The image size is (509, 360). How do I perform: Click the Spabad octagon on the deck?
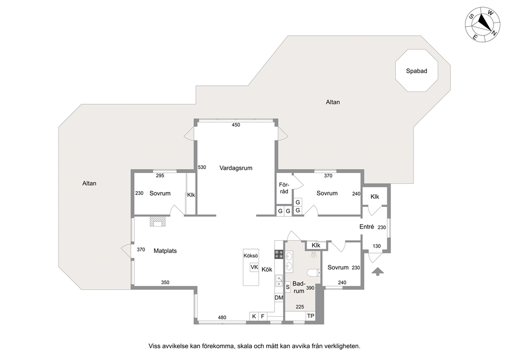(x=417, y=70)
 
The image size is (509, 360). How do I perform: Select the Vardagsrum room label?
(x=236, y=168)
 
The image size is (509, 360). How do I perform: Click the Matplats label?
(x=165, y=251)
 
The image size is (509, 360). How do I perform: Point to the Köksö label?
(x=250, y=256)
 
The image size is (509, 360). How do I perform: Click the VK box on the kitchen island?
(x=254, y=268)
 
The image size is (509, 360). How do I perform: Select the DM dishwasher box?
(x=279, y=297)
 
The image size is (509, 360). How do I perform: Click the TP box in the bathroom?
(x=310, y=316)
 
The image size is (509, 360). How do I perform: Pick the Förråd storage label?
(x=284, y=188)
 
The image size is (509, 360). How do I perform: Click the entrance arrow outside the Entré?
(x=377, y=271)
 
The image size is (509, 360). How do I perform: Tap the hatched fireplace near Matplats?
(x=158, y=221)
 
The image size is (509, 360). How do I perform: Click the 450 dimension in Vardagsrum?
(x=236, y=125)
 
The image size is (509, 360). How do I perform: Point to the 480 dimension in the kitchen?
(x=222, y=317)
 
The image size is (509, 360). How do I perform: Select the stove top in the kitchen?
(x=279, y=254)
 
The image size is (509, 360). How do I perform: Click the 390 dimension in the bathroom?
(x=310, y=288)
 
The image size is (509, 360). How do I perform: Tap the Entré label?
(x=367, y=227)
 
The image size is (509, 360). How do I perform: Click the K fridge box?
(x=254, y=316)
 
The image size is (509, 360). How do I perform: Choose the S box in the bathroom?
(x=288, y=287)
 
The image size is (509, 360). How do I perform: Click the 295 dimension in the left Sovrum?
(x=160, y=176)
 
